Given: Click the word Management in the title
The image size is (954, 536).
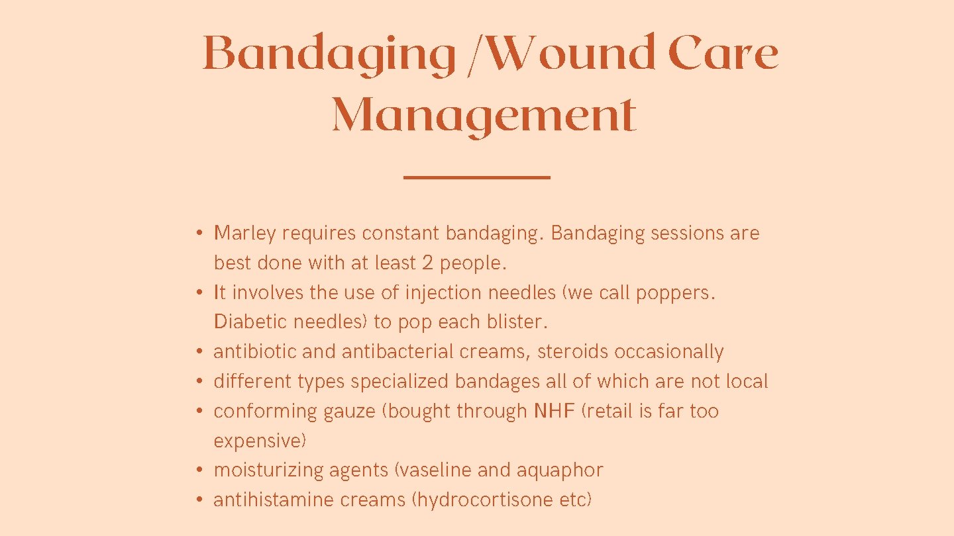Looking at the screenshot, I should (484, 115).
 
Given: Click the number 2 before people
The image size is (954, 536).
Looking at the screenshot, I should (428, 263).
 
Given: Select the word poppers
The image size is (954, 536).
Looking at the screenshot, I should (675, 293).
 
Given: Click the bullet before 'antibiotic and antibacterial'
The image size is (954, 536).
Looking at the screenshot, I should (199, 352).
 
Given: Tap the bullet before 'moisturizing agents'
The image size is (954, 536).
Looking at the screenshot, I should (199, 470).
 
